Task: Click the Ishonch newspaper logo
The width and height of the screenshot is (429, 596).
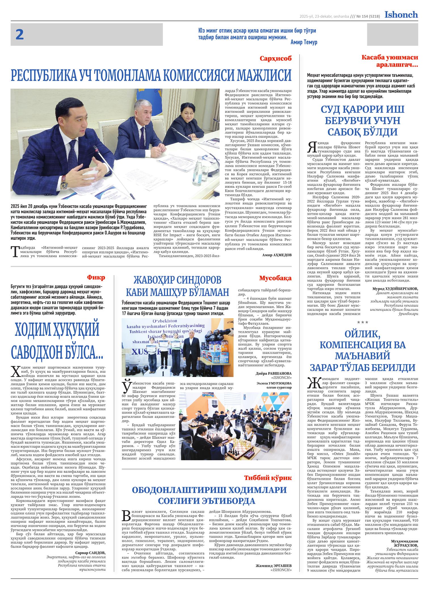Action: click(401, 15)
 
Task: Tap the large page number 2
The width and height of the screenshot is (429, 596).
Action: click(19, 35)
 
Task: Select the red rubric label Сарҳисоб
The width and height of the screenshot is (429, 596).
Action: click(276, 59)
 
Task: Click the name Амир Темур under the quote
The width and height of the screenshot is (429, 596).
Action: click(304, 42)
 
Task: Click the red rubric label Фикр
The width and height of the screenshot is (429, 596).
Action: click(96, 278)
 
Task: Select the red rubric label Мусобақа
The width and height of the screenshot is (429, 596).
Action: click(275, 278)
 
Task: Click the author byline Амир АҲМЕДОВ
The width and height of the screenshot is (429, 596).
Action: click(277, 255)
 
